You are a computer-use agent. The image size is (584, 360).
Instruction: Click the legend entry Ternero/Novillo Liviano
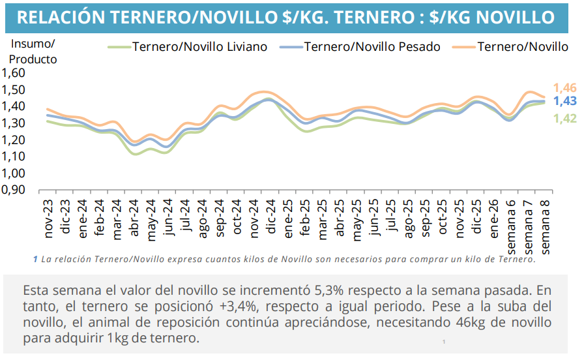(x=199, y=47)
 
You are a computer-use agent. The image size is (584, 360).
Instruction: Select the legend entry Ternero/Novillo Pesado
(x=372, y=47)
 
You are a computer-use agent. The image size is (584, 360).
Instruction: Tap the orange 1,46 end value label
(x=564, y=88)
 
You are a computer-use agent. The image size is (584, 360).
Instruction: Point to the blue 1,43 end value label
(x=564, y=101)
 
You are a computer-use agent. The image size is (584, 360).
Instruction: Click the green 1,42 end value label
(x=564, y=118)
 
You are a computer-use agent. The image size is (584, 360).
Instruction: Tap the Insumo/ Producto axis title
(x=33, y=51)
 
